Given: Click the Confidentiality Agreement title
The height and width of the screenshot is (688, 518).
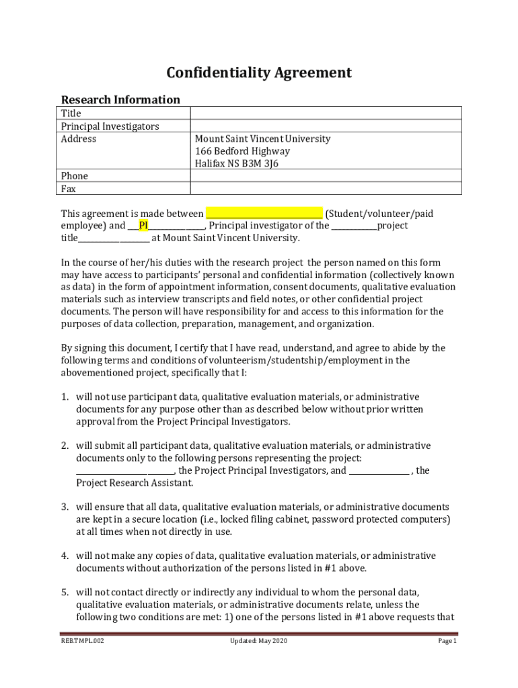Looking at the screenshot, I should (x=259, y=73).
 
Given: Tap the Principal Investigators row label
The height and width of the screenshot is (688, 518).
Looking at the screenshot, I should (x=110, y=126).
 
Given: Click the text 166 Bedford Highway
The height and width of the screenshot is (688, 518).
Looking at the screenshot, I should (x=242, y=151).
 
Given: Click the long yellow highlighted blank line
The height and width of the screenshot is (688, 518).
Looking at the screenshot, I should (x=264, y=214).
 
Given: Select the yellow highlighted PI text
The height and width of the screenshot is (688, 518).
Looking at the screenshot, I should (x=143, y=226).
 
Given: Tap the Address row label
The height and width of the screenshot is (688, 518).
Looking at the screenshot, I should (x=79, y=139).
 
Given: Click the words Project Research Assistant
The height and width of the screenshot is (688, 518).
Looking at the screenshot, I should (x=134, y=483).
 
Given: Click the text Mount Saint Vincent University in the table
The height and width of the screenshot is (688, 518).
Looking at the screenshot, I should (x=262, y=139).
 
